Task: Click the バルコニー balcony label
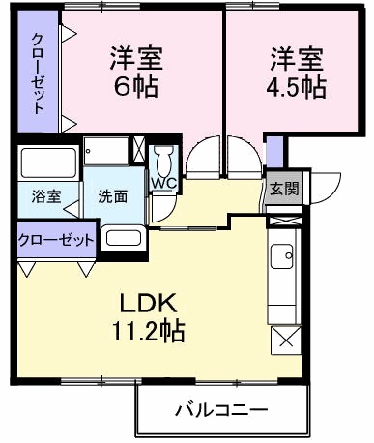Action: (220, 410)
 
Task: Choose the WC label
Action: (161, 181)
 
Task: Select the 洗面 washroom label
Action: (112, 194)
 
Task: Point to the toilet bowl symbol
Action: (162, 159)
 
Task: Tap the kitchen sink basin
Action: (284, 257)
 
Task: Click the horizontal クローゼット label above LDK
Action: (56, 238)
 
